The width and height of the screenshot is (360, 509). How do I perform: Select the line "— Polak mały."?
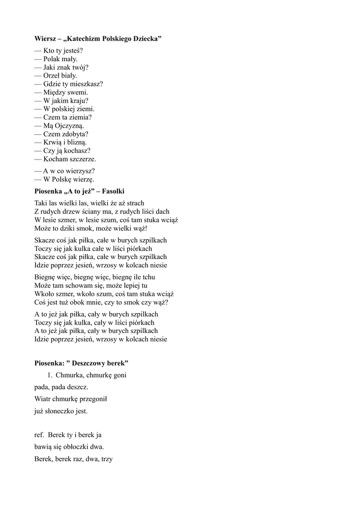56,59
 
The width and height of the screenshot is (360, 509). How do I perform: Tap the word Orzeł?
52,76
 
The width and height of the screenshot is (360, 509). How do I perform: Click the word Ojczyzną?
67,126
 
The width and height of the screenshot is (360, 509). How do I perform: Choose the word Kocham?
55,159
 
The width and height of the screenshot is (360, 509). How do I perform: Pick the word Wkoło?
44,294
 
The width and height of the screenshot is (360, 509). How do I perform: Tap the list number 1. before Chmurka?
50,375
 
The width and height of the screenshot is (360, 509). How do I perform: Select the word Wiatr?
43,399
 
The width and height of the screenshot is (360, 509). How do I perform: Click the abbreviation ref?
39,435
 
